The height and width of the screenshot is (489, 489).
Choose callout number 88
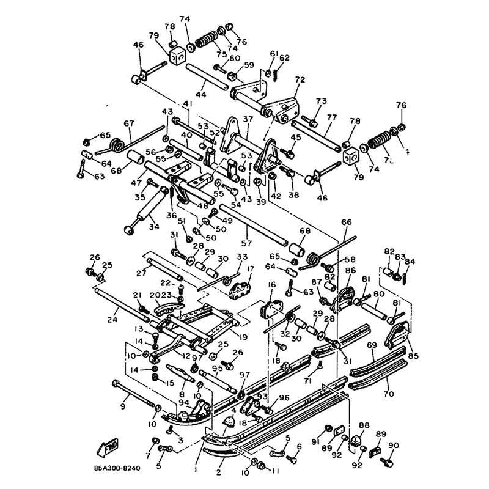click(364, 425)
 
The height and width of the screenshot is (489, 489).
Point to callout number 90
click(393, 445)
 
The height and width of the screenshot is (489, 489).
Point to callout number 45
click(296, 138)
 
